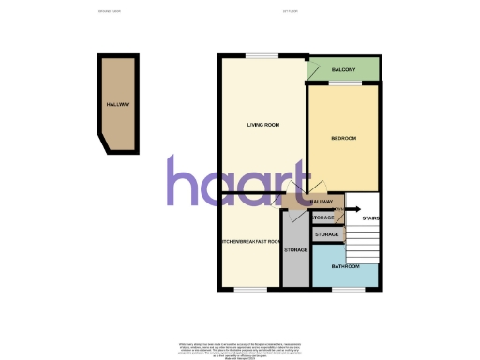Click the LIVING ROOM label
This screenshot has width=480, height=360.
tap(264, 125)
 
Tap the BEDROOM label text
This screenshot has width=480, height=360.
tap(344, 139)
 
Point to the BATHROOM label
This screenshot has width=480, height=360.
tap(346, 265)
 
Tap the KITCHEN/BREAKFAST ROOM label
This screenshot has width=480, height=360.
tap(250, 242)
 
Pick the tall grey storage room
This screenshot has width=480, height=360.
tap(295, 250)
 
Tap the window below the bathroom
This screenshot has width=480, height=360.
tap(346, 288)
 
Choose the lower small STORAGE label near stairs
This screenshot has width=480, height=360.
tap(326, 234)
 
